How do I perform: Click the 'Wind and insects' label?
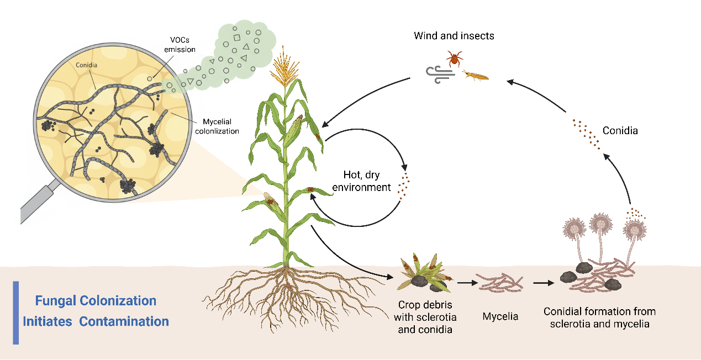point(454,36)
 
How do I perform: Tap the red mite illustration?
point(455,59)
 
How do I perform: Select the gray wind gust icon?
point(440,75)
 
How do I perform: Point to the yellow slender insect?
point(476,76)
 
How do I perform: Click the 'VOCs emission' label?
point(180,45)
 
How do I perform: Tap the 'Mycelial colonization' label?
point(217,126)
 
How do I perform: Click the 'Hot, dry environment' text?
point(361,181)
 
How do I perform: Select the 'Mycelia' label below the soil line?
point(500,316)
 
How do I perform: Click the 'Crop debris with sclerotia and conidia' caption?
point(425,317)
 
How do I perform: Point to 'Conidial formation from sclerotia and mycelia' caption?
point(599,317)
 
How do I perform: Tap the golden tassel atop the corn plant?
point(284,67)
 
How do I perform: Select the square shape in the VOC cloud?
point(237,38)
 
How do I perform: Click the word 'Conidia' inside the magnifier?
point(86,65)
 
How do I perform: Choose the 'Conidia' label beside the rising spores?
point(620,131)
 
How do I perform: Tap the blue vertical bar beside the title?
point(15,313)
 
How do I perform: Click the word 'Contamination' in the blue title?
point(124,321)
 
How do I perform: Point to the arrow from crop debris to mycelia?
point(467,283)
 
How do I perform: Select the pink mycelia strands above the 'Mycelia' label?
point(500,283)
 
